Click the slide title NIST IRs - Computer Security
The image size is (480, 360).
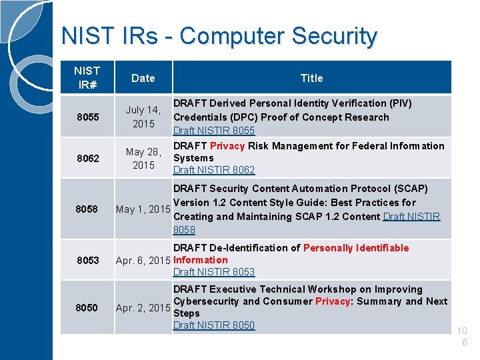coord(219,36)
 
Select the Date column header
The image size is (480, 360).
coord(143,78)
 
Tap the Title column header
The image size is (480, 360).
coord(311,78)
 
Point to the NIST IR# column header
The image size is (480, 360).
coord(87,78)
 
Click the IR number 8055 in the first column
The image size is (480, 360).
coord(87,117)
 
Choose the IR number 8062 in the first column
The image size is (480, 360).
coord(87,158)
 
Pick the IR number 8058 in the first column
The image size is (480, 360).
coord(87,209)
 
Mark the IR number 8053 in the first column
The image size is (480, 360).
coord(87,260)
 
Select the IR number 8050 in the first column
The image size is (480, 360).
coord(87,307)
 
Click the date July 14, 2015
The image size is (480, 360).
coord(143,117)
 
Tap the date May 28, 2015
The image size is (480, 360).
coord(143,158)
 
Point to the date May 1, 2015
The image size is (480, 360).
coord(143,209)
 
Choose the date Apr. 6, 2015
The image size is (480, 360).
coord(143,260)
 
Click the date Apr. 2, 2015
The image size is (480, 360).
coord(143,307)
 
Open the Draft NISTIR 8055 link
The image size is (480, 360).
coord(214,131)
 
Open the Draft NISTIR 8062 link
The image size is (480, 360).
coord(214,170)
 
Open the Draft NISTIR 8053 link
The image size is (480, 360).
coord(214,272)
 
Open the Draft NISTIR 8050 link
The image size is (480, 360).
coord(214,325)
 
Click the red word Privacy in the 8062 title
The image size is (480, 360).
coord(227,146)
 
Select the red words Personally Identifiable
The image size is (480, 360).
coord(356,248)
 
